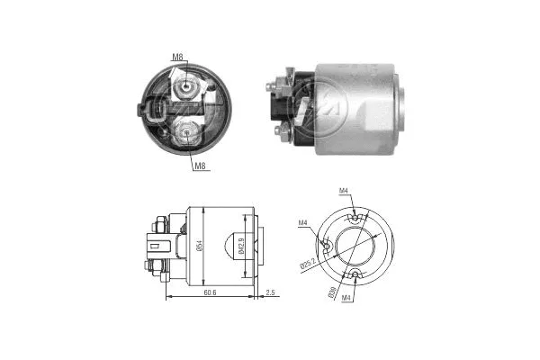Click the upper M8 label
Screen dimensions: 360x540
point(177,58)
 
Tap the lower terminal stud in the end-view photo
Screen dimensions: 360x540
point(185,134)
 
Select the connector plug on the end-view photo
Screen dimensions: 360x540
point(152,114)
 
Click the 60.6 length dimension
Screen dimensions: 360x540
point(209,292)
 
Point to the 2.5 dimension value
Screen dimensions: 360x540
point(272,292)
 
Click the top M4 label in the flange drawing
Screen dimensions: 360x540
point(344,191)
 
